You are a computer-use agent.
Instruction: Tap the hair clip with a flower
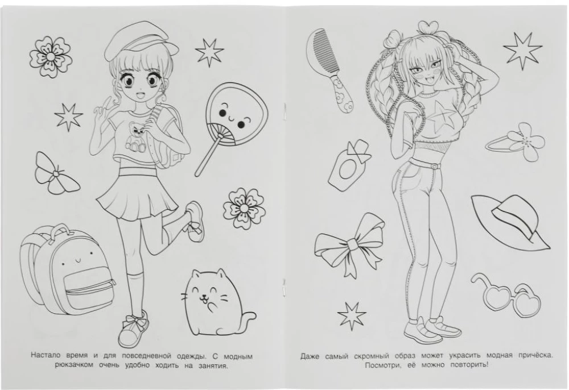click(516, 142)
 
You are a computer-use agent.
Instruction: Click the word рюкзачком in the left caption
click(74, 365)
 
